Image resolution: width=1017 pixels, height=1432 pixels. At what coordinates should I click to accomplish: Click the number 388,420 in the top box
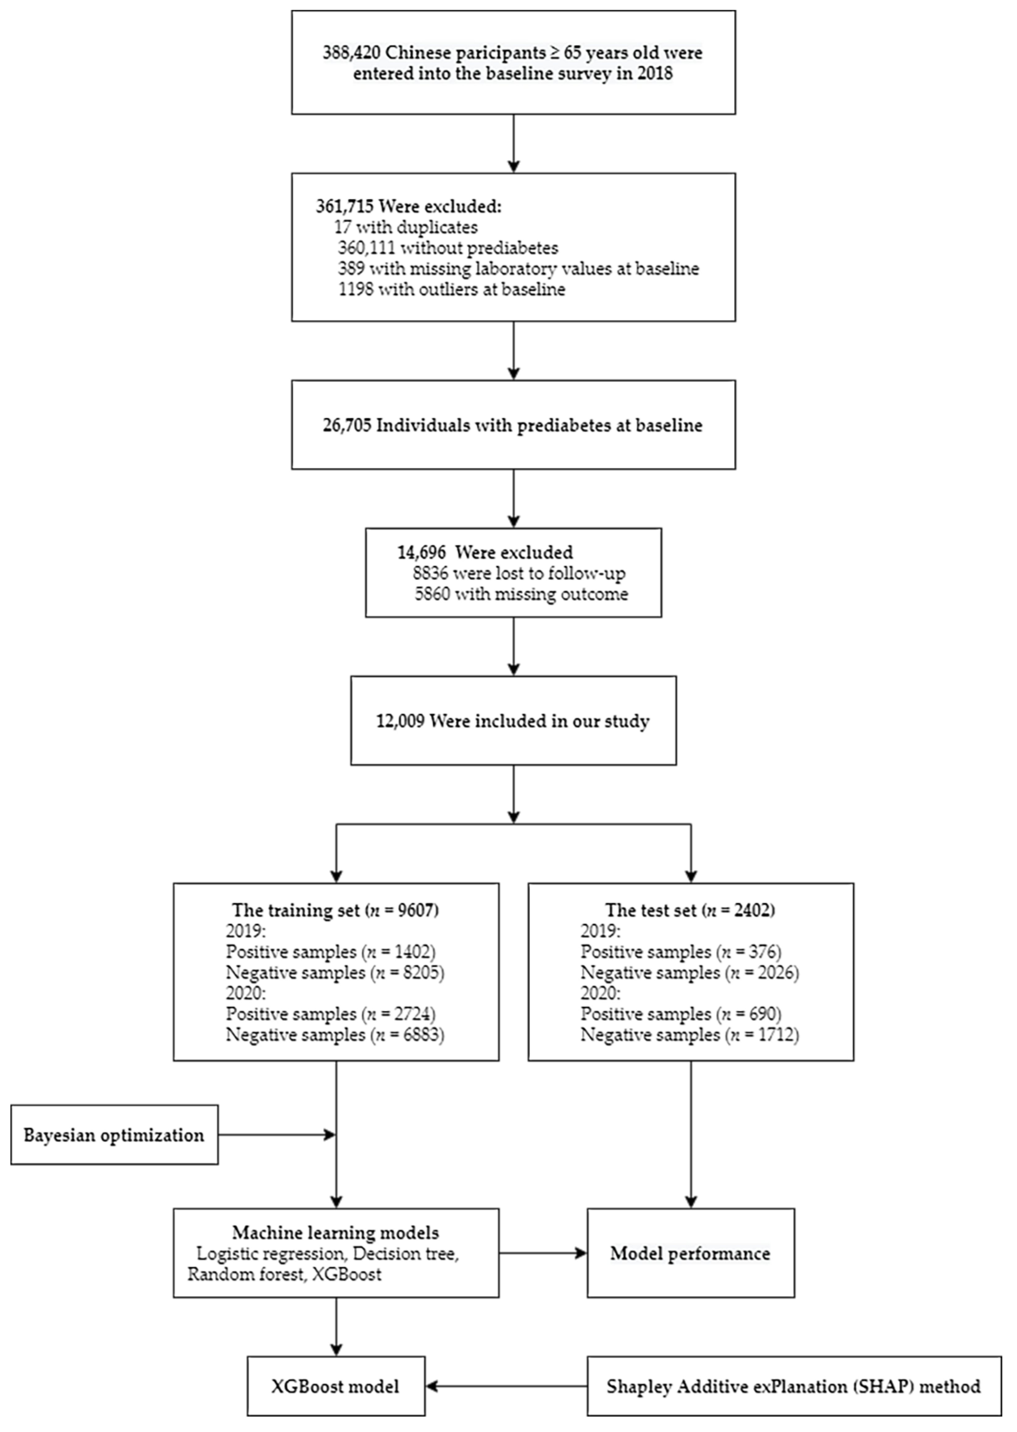[351, 52]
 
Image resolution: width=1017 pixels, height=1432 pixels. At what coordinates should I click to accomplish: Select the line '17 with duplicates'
[406, 227]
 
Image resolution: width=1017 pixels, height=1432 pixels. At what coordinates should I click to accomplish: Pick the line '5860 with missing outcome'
[521, 594]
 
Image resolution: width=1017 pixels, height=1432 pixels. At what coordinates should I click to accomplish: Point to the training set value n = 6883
[407, 1035]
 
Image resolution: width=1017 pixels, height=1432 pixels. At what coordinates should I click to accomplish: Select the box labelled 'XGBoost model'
[336, 1386]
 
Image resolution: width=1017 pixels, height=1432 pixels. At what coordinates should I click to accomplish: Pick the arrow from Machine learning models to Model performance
[542, 1253]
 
